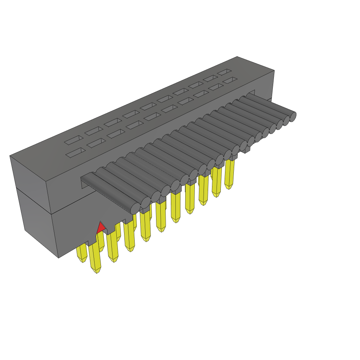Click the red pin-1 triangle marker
101,228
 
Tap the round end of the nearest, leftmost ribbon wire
135,208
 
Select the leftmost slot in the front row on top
75,152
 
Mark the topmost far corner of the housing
237,56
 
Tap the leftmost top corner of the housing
10,156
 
